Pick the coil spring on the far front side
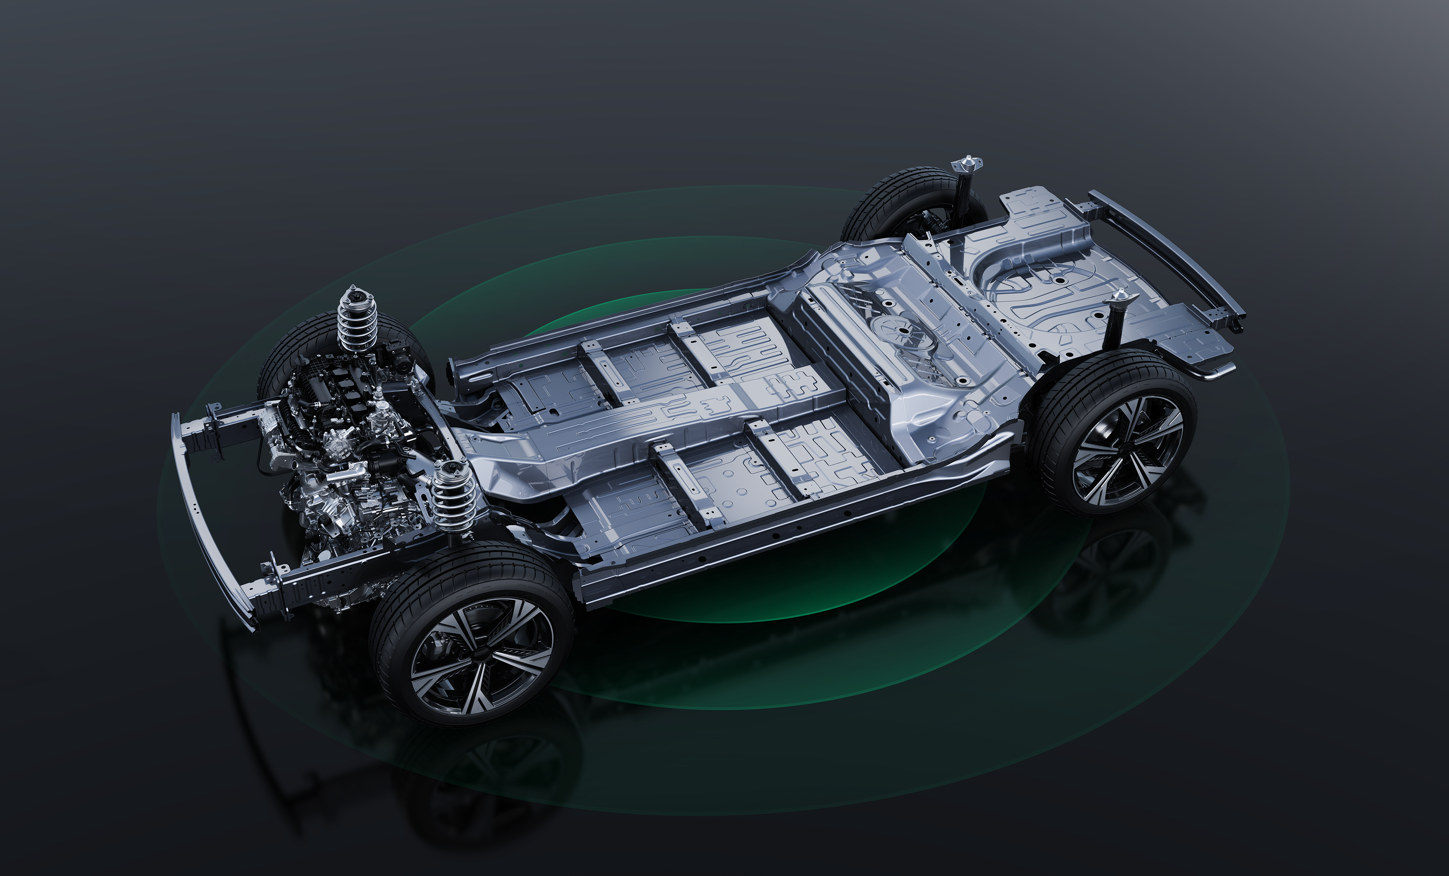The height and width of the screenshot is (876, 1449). (356, 320)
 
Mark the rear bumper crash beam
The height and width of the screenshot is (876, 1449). (1167, 253)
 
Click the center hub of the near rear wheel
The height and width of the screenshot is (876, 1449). (1126, 450)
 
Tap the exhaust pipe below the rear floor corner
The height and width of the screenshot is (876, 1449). (1211, 372)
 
